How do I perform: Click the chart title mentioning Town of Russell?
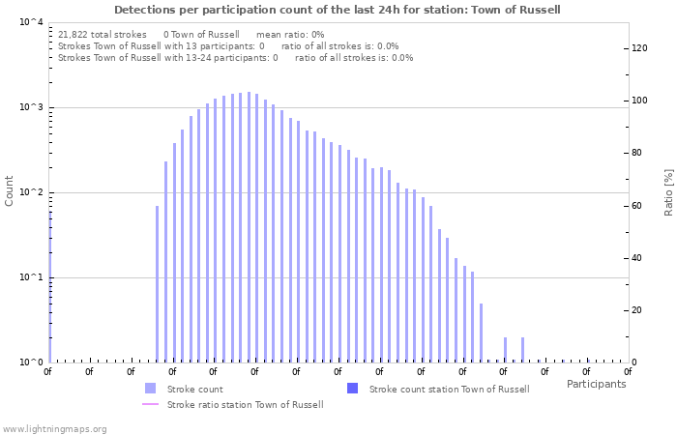pos(337,10)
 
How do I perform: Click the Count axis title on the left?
pos(10,191)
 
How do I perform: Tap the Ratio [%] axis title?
pos(668,191)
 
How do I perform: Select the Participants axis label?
pos(596,384)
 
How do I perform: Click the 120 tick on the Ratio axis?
pos(640,48)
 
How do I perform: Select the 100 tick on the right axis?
pos(640,101)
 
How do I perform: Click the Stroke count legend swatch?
pos(150,389)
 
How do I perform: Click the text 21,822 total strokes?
pos(103,34)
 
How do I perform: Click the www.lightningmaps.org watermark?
pos(54,428)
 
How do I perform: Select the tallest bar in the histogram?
pos(249,227)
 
